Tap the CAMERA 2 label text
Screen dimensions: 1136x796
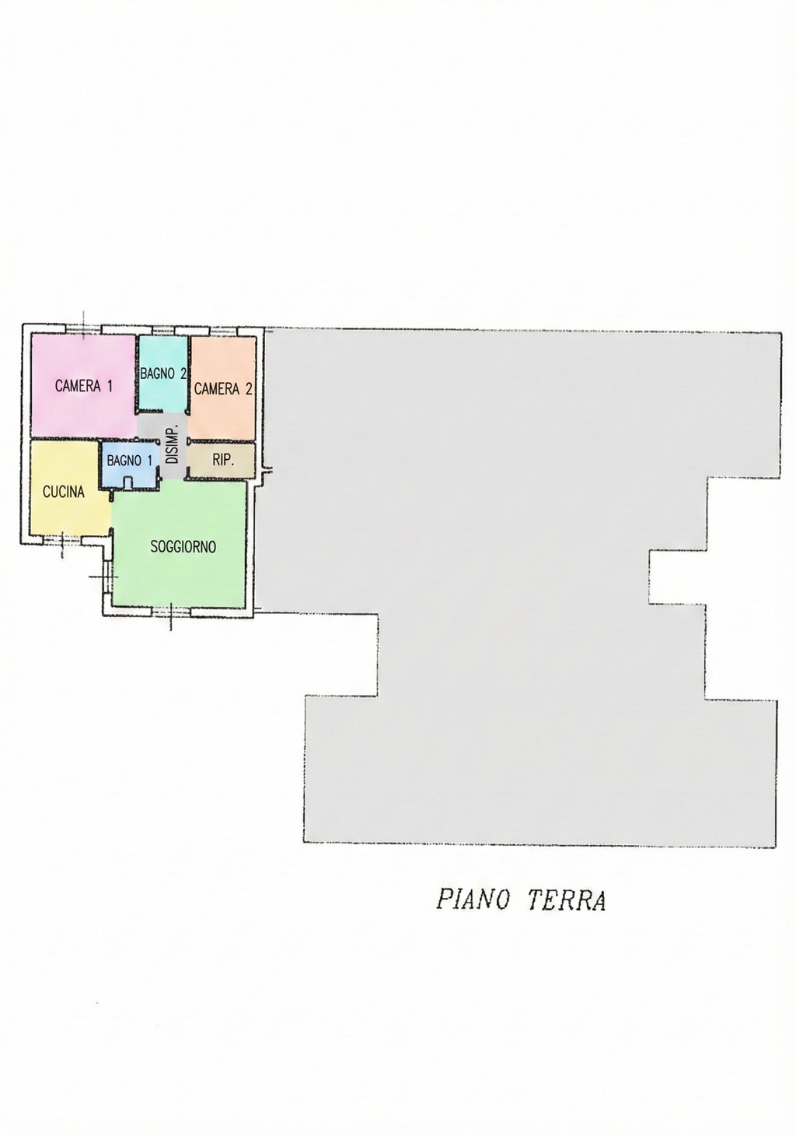[x=223, y=388]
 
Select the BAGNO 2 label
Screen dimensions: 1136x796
[x=163, y=373]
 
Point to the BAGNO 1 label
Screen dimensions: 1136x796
[x=129, y=461]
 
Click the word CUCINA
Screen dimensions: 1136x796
[x=64, y=492]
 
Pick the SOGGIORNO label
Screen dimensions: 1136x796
[x=183, y=546]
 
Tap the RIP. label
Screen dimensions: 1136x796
[x=223, y=460]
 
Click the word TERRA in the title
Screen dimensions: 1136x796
[x=567, y=900]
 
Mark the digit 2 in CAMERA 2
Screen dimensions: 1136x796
[x=248, y=388]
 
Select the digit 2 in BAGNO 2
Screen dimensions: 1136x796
[x=183, y=373]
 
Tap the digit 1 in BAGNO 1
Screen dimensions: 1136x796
[x=148, y=461]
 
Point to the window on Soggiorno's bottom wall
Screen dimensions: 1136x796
[x=171, y=612]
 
